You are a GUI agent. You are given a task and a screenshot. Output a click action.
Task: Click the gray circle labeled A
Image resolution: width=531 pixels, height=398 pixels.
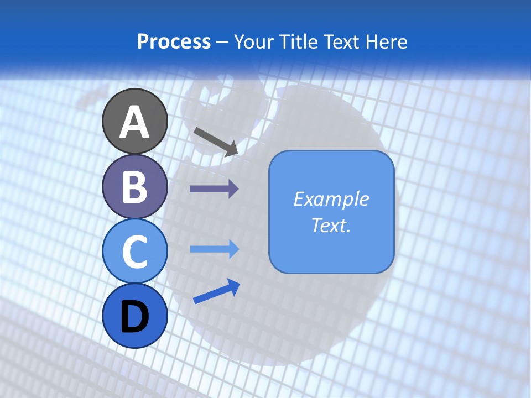[x=134, y=122]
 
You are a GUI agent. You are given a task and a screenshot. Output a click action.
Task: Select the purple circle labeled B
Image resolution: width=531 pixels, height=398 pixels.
[x=134, y=187]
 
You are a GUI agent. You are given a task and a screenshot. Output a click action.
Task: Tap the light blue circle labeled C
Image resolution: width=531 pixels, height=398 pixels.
[x=134, y=251]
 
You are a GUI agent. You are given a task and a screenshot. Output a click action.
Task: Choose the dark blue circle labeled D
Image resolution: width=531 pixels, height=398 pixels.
[x=134, y=316]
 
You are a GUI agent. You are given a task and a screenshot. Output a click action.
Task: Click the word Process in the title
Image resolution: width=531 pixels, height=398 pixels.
[x=174, y=41]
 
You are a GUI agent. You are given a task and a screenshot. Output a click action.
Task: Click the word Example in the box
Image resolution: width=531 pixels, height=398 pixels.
[x=331, y=199]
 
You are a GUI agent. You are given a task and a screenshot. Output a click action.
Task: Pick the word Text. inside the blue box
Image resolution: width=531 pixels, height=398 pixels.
[x=331, y=225]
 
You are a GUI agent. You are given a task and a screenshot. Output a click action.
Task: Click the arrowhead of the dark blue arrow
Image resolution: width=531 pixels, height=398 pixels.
[x=233, y=286]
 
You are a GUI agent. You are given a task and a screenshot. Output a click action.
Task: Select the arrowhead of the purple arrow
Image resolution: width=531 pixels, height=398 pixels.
[x=233, y=189]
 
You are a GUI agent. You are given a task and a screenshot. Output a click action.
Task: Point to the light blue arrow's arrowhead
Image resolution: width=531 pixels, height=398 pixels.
[x=233, y=249]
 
